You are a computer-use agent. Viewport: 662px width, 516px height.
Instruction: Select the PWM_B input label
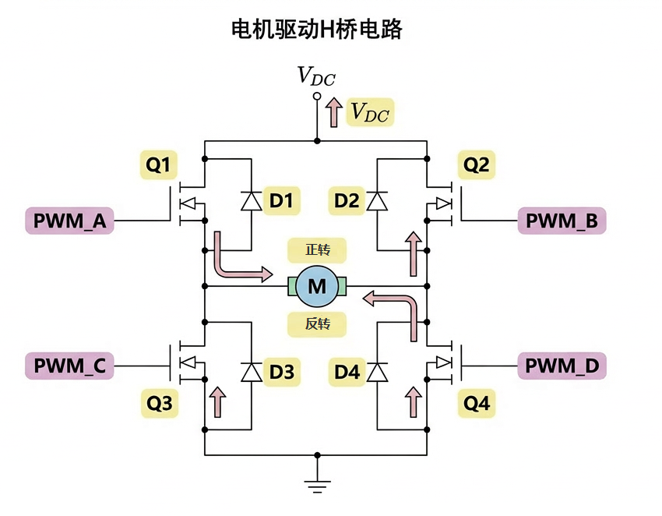[x=562, y=221]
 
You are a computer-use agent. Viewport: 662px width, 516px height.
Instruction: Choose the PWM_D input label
[x=562, y=365]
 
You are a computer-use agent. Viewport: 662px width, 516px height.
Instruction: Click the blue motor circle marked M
[x=317, y=286]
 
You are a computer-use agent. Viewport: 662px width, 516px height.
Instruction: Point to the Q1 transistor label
[x=159, y=165]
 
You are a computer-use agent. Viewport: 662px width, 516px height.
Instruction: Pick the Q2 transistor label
[x=477, y=165]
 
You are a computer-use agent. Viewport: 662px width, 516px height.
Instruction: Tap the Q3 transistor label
[x=159, y=404]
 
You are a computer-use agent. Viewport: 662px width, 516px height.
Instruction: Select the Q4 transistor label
[x=477, y=404]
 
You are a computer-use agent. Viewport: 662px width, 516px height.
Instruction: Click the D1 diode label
[x=281, y=201]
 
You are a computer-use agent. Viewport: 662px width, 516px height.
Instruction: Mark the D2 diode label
[x=347, y=201]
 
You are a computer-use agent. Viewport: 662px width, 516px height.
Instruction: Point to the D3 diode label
[x=281, y=373]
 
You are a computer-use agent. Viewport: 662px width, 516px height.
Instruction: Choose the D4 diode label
[x=347, y=373]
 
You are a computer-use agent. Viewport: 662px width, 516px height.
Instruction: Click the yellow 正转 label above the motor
[x=317, y=250]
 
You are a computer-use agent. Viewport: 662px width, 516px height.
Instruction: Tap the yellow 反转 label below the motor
[x=317, y=323]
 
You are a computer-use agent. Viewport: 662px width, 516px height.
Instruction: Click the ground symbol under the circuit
[x=316, y=483]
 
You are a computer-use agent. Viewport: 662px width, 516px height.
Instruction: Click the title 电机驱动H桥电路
[x=317, y=30]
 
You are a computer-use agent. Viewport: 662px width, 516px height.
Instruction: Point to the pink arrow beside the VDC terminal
[x=333, y=112]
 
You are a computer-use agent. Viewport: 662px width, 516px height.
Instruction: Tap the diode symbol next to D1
[x=252, y=201]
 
